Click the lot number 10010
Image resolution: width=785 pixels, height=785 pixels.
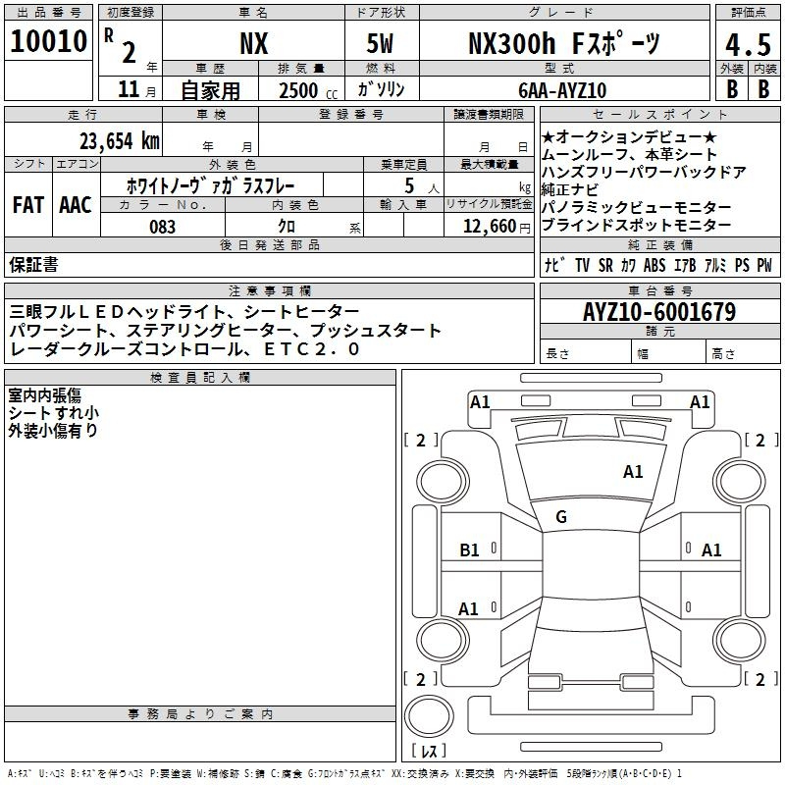click(x=48, y=41)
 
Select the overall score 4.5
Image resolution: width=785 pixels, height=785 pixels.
click(x=748, y=45)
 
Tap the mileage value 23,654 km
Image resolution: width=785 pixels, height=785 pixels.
click(x=120, y=141)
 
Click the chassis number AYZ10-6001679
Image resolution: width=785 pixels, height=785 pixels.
click(x=659, y=311)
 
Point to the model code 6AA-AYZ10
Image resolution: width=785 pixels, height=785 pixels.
click(x=562, y=90)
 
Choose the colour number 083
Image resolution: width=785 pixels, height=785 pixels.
click(x=162, y=227)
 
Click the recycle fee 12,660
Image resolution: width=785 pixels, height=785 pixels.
click(x=489, y=227)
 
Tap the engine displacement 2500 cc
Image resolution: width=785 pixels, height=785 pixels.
click(x=308, y=90)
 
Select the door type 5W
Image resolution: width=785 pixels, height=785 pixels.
click(x=380, y=43)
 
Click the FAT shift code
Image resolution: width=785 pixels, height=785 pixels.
click(x=28, y=205)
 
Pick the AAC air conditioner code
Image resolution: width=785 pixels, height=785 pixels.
click(x=76, y=205)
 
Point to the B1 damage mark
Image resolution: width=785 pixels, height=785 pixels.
click(x=469, y=550)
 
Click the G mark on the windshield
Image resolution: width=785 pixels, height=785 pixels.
click(x=561, y=517)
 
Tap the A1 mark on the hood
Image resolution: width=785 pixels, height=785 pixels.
click(x=633, y=472)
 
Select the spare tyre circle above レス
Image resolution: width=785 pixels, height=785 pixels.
click(x=429, y=715)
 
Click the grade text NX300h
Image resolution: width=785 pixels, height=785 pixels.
click(x=511, y=43)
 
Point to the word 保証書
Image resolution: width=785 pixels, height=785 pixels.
click(x=33, y=264)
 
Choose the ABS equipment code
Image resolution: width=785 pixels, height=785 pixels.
click(x=654, y=265)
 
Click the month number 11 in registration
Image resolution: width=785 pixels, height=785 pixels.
click(x=129, y=89)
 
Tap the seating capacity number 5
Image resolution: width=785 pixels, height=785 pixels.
click(x=409, y=185)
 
